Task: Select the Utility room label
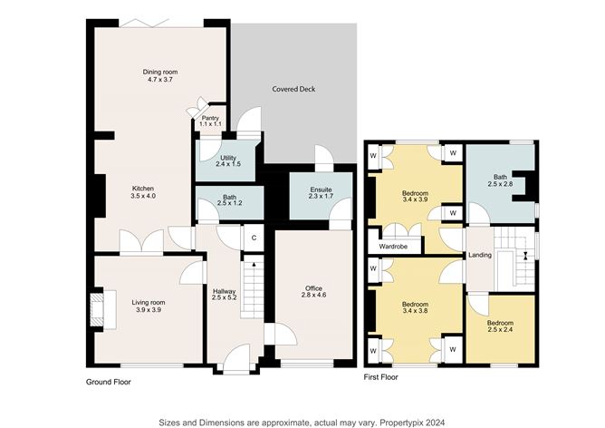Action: point(227,161)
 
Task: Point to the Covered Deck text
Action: point(293,89)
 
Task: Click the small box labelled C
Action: point(254,238)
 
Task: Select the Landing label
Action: point(479,255)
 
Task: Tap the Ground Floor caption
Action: point(108,382)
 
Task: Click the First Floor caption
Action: point(385,375)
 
